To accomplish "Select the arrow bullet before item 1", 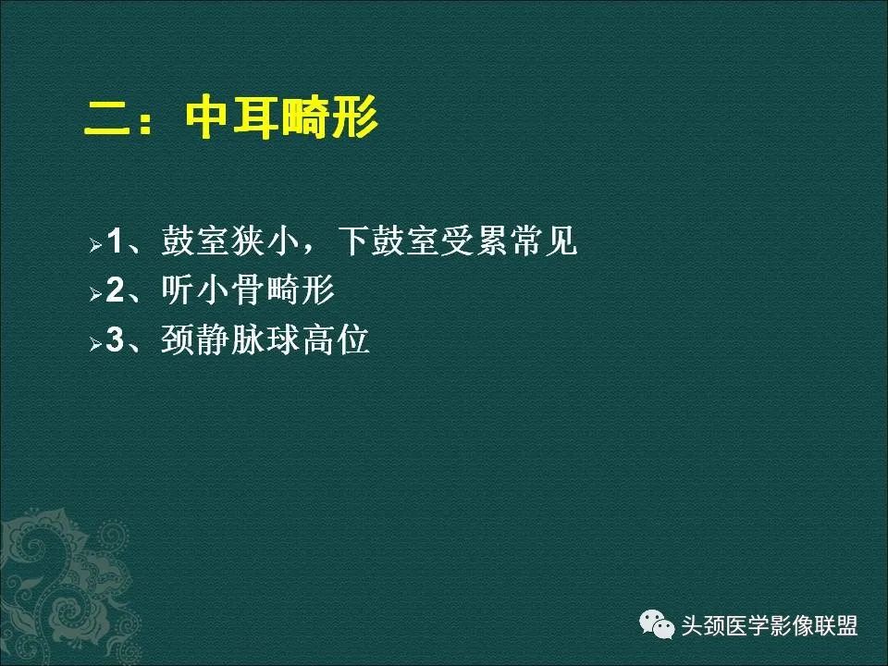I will (94, 248).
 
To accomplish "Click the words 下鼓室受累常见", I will (457, 242).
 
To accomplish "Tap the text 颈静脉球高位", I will (265, 340).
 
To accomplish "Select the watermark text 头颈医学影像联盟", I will (770, 626).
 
